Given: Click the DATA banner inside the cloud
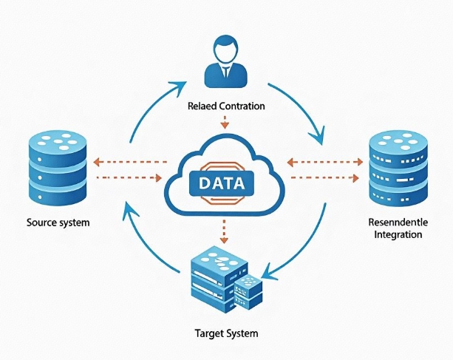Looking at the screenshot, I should point(222,182).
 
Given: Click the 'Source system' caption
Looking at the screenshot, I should point(58,222).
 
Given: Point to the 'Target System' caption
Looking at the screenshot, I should point(227,333).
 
